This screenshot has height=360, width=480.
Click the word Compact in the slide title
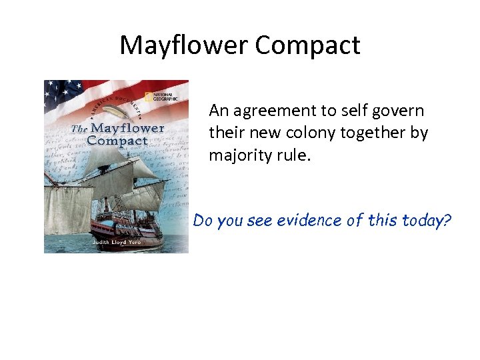[x=307, y=45]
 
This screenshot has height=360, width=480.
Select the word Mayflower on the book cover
[x=127, y=128]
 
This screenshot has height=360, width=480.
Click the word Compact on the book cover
[x=117, y=141]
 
